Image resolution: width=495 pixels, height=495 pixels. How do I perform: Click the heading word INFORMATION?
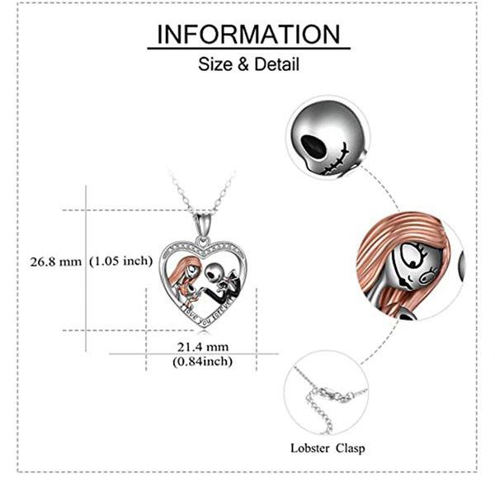point(248,34)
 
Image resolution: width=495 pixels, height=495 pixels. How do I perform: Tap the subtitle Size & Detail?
point(248,64)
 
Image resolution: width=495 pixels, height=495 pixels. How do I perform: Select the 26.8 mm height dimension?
point(52,262)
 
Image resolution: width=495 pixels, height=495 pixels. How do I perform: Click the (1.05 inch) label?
point(121,262)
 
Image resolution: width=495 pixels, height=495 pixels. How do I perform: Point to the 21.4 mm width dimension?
point(202,347)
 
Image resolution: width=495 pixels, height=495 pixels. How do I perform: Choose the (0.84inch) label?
point(202,361)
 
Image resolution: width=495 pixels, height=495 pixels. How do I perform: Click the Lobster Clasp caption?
point(328,449)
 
